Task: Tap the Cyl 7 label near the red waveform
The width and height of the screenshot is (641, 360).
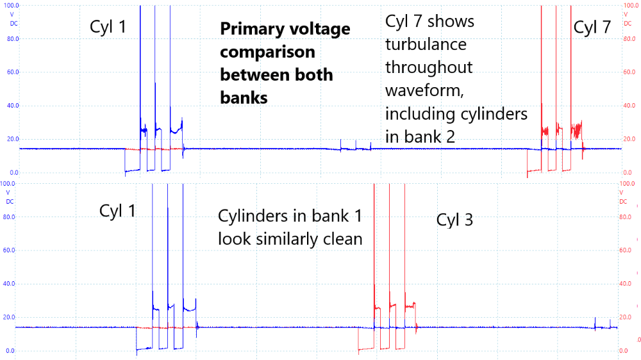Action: [x=593, y=27]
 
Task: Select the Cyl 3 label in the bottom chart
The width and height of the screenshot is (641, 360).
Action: [x=454, y=220]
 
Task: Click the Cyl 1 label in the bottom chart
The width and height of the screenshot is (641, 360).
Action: [x=117, y=211]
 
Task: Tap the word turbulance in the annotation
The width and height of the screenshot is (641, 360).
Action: [x=426, y=44]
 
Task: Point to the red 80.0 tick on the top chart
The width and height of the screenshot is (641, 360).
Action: [x=629, y=38]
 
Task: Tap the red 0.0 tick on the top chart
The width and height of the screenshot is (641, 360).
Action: [x=629, y=173]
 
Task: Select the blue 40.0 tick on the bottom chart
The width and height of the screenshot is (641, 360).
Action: [x=10, y=284]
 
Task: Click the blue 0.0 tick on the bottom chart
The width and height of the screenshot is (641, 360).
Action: [x=10, y=351]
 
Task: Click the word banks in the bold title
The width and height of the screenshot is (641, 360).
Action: [x=244, y=97]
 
